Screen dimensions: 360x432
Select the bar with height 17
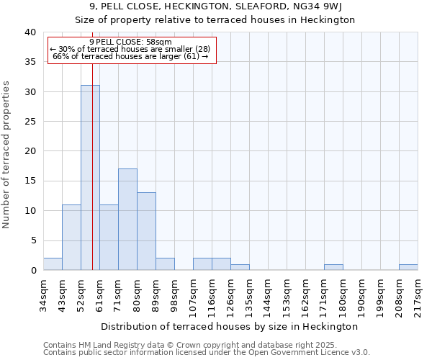tap(127, 220)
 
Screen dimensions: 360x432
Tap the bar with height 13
tap(146, 231)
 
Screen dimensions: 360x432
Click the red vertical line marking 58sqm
tap(93, 180)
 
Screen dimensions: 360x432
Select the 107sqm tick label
tap(192, 295)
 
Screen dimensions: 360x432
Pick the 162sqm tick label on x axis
tap(305, 295)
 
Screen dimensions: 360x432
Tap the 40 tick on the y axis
tap(30, 32)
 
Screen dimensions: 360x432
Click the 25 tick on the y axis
tap(30, 122)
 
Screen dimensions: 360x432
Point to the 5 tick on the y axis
tap(33, 240)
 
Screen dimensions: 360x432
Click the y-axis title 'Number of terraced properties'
tap(6, 155)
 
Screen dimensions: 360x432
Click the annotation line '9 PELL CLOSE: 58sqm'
tap(131, 42)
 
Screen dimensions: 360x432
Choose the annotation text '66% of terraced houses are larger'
tap(130, 56)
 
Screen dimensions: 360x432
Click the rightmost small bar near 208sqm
tap(408, 267)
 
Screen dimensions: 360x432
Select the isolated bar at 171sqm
tap(333, 267)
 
